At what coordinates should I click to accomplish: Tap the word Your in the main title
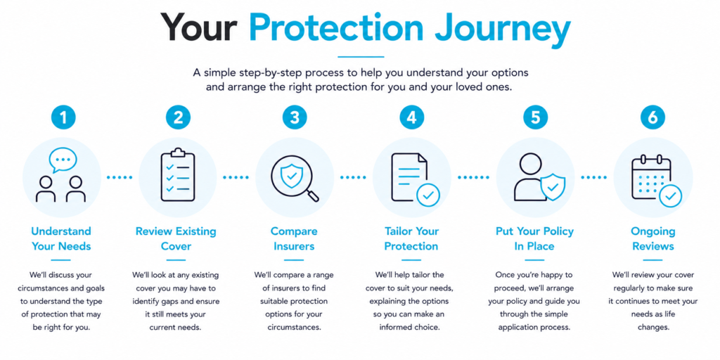pyautogui.click(x=200, y=27)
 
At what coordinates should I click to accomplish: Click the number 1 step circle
pyautogui.click(x=62, y=118)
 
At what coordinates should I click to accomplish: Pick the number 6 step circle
pyautogui.click(x=652, y=118)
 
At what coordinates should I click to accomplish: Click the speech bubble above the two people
pyautogui.click(x=63, y=160)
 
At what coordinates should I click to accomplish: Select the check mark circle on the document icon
pyautogui.click(x=428, y=195)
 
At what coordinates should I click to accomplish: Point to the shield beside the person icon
pyautogui.click(x=553, y=186)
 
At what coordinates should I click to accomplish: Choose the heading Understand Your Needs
pyautogui.click(x=61, y=238)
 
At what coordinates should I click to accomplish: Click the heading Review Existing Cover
pyautogui.click(x=176, y=238)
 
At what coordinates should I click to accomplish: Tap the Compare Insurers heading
pyautogui.click(x=294, y=238)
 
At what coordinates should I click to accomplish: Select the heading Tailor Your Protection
pyautogui.click(x=411, y=238)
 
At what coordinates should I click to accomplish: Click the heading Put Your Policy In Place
pyautogui.click(x=534, y=238)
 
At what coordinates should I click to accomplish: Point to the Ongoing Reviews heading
pyautogui.click(x=653, y=238)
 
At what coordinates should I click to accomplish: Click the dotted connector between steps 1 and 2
pyautogui.click(x=120, y=176)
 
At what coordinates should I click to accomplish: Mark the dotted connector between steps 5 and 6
pyautogui.click(x=593, y=176)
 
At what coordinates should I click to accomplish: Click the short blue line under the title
pyautogui.click(x=361, y=57)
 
